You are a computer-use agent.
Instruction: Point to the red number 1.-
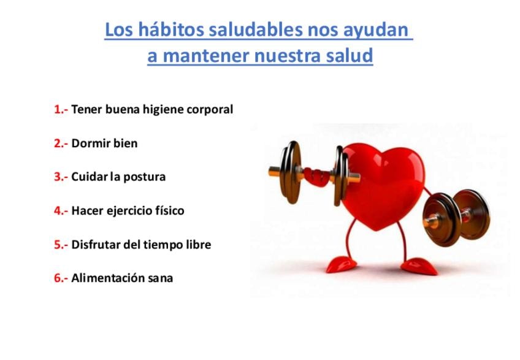pyautogui.click(x=61, y=109)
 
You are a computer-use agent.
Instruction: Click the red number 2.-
pyautogui.click(x=61, y=144)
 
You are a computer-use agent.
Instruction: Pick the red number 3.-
pyautogui.click(x=61, y=177)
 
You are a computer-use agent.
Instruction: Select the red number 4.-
pyautogui.click(x=61, y=211)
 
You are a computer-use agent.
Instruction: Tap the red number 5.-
pyautogui.click(x=61, y=245)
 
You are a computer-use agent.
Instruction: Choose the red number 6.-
pyautogui.click(x=61, y=278)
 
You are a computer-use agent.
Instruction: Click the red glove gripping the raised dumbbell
pyautogui.click(x=316, y=177)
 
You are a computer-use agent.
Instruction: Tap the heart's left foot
pyautogui.click(x=341, y=264)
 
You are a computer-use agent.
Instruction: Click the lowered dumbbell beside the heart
pyautogui.click(x=457, y=217)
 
